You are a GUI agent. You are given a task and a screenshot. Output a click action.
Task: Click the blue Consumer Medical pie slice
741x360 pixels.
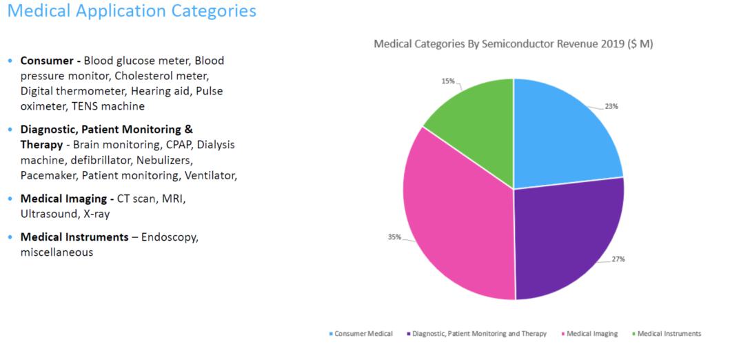(562, 134)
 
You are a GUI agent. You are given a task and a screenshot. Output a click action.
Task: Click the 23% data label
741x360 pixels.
(611, 106)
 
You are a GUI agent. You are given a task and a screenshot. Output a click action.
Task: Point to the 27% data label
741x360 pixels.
(618, 259)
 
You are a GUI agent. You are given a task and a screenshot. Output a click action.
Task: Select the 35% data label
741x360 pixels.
(394, 237)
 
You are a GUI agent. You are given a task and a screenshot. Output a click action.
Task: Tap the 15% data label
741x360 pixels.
(448, 81)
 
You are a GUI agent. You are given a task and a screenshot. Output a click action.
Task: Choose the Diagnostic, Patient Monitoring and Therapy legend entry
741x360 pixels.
(479, 334)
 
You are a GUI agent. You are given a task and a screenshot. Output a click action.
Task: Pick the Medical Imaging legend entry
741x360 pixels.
(591, 334)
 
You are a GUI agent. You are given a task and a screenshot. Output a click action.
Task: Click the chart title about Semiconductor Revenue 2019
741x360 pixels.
(513, 44)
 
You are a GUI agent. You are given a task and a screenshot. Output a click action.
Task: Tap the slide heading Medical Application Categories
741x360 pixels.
(131, 11)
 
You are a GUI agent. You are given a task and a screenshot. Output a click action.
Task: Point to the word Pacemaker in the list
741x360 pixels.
(50, 175)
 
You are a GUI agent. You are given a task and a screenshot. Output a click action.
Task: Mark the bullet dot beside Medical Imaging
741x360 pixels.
(10, 199)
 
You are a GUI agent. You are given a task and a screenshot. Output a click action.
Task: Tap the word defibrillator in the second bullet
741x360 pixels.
(103, 160)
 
